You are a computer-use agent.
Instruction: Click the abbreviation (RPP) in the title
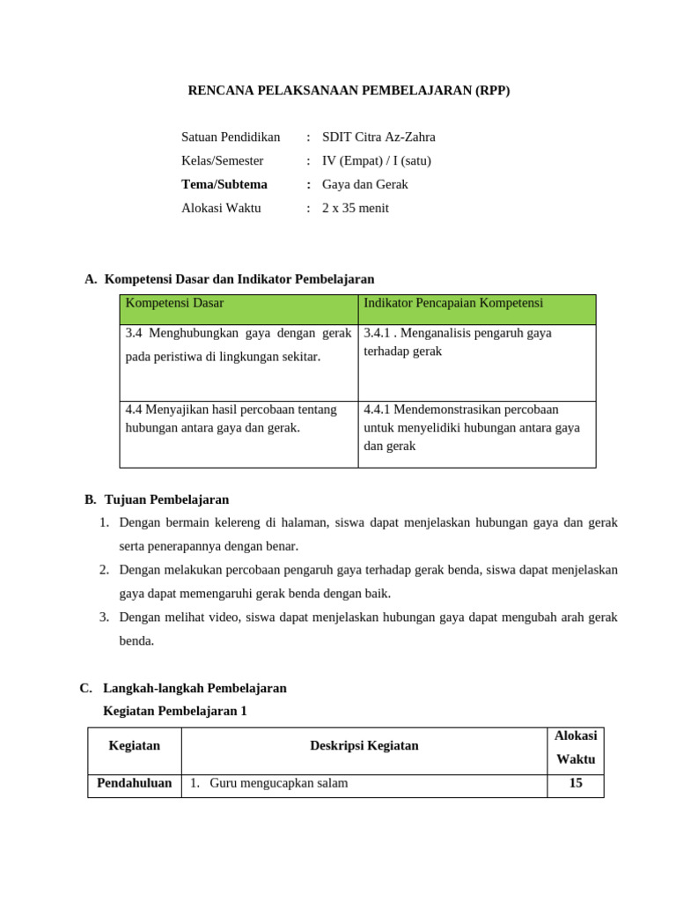[x=490, y=91]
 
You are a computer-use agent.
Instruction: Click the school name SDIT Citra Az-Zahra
[x=378, y=137]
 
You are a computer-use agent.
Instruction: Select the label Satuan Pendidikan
[x=231, y=137]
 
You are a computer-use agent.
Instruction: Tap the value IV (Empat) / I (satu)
[x=377, y=160]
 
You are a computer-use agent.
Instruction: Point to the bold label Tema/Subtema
[x=224, y=184]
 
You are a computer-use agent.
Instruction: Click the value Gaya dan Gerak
[x=365, y=184]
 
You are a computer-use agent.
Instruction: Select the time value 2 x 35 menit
[x=356, y=208]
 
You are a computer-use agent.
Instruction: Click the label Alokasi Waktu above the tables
[x=221, y=208]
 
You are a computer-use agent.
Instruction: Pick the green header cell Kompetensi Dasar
[x=175, y=303]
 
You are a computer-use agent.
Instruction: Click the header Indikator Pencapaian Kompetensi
[x=453, y=303]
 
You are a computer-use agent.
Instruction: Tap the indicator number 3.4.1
[x=377, y=333]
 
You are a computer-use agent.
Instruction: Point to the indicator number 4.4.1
[x=377, y=410]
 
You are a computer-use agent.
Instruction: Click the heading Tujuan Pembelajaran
[x=166, y=499]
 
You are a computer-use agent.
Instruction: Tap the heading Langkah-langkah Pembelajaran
[x=195, y=688]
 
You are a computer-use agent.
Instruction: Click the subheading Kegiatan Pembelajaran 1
[x=174, y=711]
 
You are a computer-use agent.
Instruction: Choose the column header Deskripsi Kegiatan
[x=364, y=745]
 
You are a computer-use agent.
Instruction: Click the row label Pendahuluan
[x=134, y=782]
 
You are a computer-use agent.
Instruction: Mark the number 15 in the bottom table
[x=576, y=782]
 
